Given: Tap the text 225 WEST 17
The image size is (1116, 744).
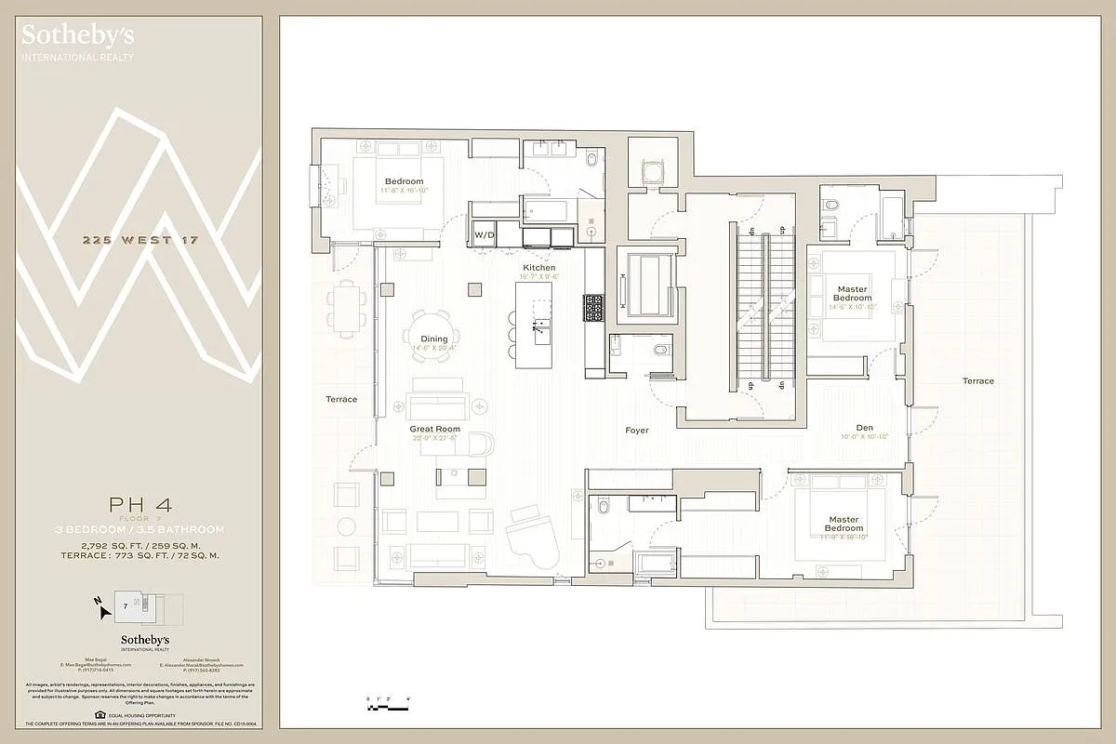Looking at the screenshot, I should (139, 241).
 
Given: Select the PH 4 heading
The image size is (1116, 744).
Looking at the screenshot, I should (139, 505).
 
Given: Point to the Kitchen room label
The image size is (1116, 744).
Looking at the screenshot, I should (539, 268).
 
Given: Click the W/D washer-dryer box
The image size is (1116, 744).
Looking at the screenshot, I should (485, 235).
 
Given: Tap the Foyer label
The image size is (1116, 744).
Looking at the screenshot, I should (637, 431).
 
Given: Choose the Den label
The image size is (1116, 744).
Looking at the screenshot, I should (865, 428).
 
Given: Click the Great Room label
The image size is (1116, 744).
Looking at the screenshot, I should (435, 429).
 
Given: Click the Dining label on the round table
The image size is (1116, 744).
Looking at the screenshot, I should (434, 339).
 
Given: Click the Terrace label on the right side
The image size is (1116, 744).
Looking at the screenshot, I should (977, 381).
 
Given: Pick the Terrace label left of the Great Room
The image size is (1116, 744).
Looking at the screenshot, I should (341, 399).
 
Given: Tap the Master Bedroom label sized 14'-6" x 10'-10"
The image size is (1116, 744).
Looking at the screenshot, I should (852, 294).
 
